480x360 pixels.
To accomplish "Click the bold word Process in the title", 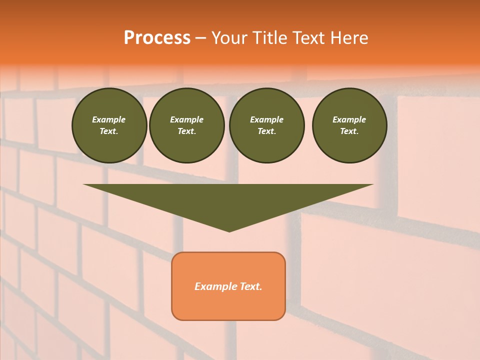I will pos(157,38).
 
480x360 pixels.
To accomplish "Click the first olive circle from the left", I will pos(109,125).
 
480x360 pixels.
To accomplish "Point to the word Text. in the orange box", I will pos(251,286).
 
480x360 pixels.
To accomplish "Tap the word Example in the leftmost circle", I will pos(109,119).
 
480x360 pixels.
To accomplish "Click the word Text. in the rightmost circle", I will pos(349,131).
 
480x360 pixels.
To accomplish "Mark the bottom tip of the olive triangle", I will pos(229,230).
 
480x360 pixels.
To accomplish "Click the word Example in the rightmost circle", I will pos(349,119).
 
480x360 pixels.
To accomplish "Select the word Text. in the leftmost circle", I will pos(109,131).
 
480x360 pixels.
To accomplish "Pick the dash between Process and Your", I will pos(200,38).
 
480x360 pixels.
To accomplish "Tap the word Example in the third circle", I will pos(266,119).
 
